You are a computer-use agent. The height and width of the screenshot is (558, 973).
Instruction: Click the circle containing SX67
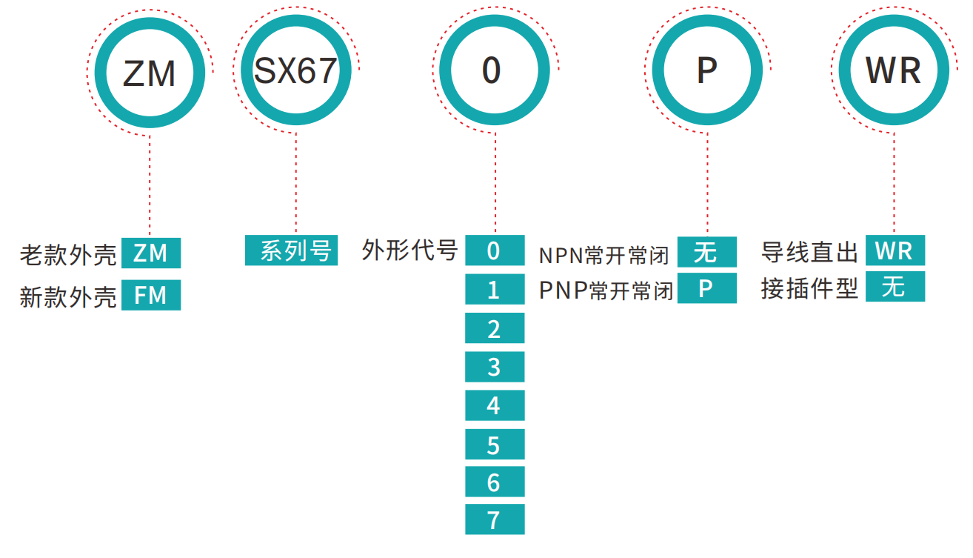pyautogui.click(x=296, y=71)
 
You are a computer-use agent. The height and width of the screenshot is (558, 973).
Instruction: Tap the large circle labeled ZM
pyautogui.click(x=150, y=73)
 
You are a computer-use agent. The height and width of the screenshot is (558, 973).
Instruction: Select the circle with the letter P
pyautogui.click(x=707, y=71)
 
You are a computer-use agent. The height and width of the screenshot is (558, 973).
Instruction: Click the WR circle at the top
pyautogui.click(x=894, y=71)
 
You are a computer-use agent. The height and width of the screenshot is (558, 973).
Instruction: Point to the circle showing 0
pyautogui.click(x=492, y=71)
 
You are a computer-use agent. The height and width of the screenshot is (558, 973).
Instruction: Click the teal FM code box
pyautogui.click(x=151, y=296)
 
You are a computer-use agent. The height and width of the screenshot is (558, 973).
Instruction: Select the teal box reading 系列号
pyautogui.click(x=292, y=251)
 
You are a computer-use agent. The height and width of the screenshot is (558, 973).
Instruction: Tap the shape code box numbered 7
pyautogui.click(x=495, y=520)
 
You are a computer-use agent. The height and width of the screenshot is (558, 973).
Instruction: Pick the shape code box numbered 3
pyautogui.click(x=495, y=367)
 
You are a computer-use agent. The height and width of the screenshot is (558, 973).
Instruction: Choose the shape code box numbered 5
pyautogui.click(x=495, y=445)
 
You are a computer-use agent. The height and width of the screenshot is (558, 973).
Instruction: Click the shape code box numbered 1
pyautogui.click(x=495, y=290)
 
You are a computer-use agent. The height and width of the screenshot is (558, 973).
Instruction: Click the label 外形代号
pyautogui.click(x=410, y=250)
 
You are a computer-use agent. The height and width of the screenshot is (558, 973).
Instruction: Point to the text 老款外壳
pyautogui.click(x=68, y=254)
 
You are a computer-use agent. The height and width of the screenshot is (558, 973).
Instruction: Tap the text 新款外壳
pyautogui.click(x=68, y=296)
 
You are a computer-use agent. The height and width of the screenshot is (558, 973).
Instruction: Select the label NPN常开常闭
pyautogui.click(x=603, y=255)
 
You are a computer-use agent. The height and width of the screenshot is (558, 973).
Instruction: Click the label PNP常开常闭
pyautogui.click(x=606, y=290)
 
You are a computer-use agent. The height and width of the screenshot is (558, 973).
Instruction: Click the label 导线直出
pyautogui.click(x=809, y=251)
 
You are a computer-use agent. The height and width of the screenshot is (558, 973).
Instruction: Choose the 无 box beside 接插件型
pyautogui.click(x=895, y=287)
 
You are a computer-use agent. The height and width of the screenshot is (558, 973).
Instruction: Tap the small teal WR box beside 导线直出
pyautogui.click(x=895, y=251)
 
